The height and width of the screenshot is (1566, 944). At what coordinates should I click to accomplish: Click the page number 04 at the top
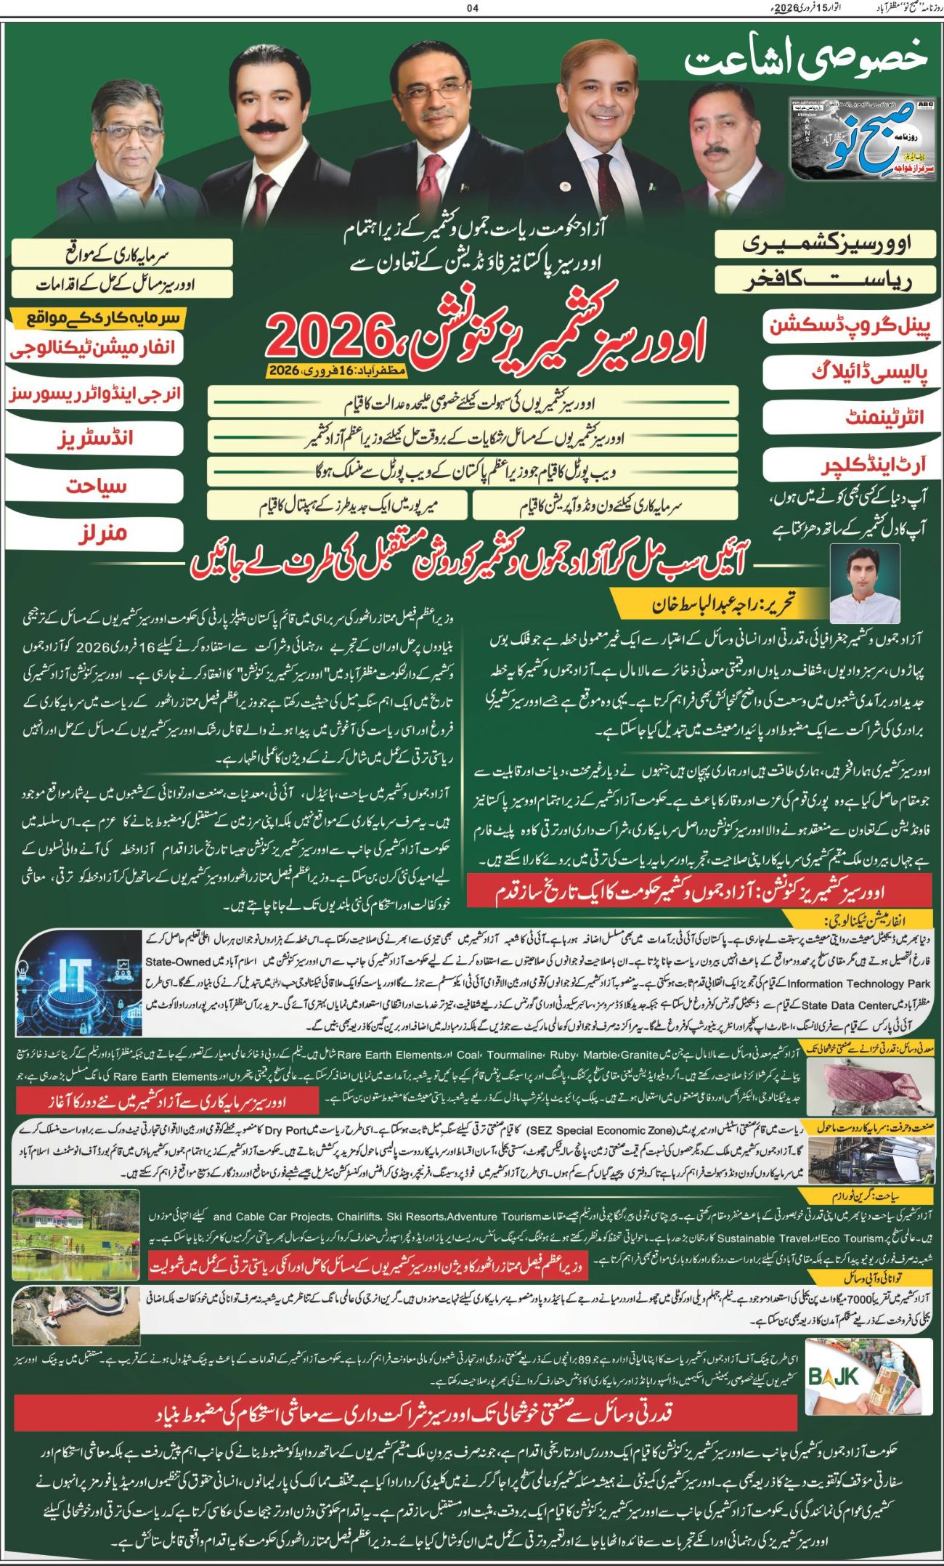click(x=473, y=9)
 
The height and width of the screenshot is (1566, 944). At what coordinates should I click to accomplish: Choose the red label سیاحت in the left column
click(x=97, y=486)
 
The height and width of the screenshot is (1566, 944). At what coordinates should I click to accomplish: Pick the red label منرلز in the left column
click(x=102, y=533)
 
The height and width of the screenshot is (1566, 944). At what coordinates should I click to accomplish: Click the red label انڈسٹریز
click(x=96, y=439)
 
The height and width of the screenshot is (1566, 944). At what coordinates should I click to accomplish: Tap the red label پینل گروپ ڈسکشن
click(x=849, y=325)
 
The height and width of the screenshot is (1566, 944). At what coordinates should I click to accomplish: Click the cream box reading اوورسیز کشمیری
click(x=825, y=244)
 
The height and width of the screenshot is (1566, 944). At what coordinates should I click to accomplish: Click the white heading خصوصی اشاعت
click(x=805, y=62)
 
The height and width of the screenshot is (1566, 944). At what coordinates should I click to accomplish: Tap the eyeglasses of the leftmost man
click(x=131, y=133)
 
